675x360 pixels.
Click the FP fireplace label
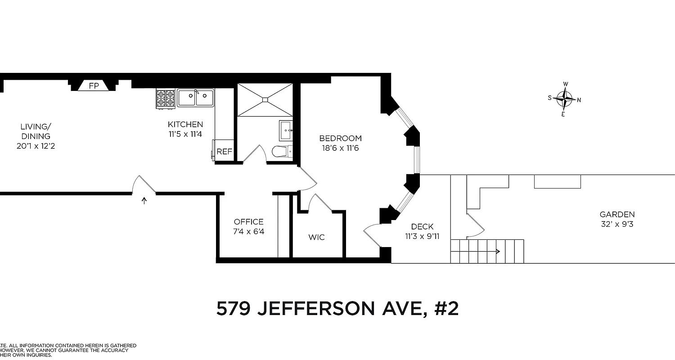94,85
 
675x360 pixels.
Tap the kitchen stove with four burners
165,99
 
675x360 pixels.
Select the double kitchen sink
196,97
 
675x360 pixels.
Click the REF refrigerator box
224,152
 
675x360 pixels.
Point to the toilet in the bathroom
282,151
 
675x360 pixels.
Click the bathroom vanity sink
286,130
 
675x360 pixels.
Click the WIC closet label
316,237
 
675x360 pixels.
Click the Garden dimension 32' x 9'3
617,224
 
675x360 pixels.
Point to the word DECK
422,227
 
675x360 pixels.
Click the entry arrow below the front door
144,201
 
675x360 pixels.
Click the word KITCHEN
185,125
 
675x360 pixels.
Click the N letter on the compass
579,100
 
